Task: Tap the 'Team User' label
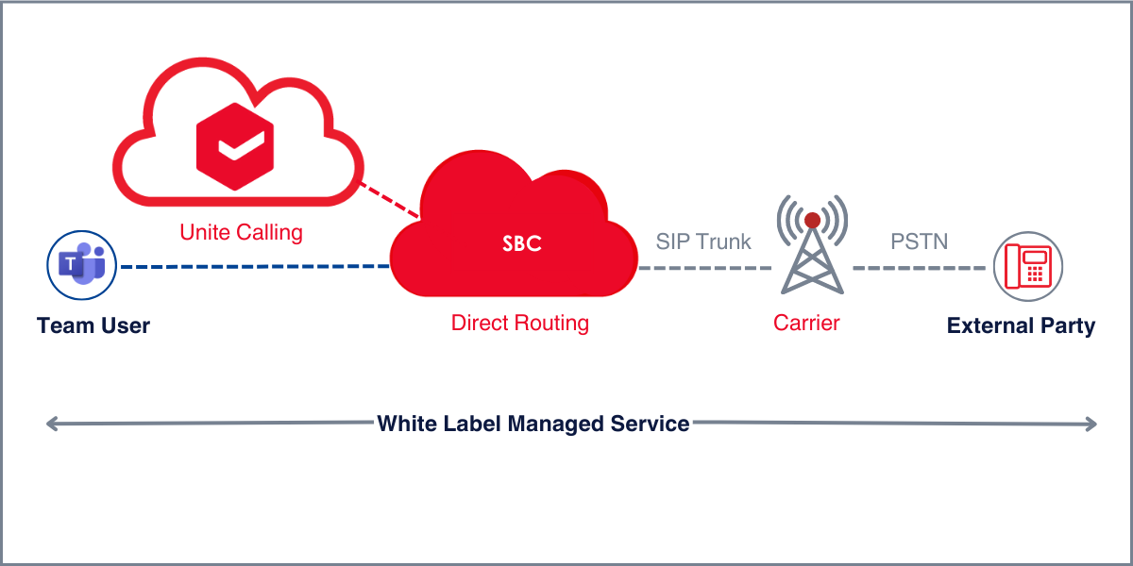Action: [93, 326]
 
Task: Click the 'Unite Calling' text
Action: [241, 231]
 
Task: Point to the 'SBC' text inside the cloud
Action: [522, 244]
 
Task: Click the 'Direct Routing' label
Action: [519, 323]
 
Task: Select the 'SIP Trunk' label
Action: [703, 241]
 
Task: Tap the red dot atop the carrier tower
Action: [812, 221]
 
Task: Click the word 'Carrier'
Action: [806, 323]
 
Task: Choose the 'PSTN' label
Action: [919, 241]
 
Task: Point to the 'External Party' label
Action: [1021, 326]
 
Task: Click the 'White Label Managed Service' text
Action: [533, 424]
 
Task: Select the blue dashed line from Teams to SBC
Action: [255, 267]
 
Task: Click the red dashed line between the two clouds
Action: [390, 201]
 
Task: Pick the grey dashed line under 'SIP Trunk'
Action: [703, 268]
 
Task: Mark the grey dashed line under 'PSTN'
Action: [919, 268]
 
